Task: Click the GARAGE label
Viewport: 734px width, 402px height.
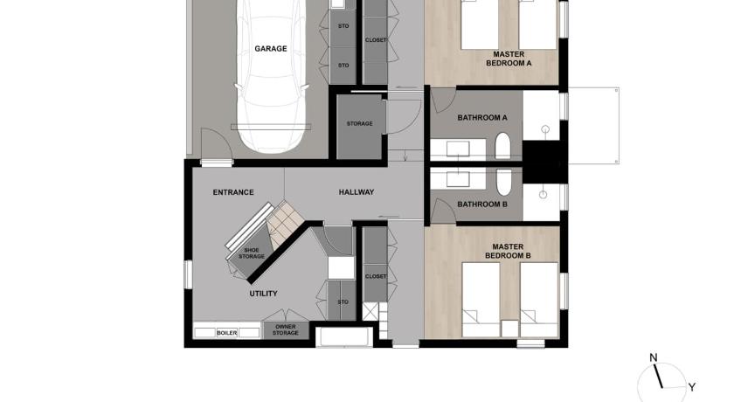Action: [x=271, y=49]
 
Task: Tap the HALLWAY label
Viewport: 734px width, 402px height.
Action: [x=357, y=192]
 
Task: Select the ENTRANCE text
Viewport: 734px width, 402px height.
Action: [x=233, y=192]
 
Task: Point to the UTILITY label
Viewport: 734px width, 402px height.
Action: [x=263, y=294]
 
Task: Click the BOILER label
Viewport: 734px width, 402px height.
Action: [x=226, y=333]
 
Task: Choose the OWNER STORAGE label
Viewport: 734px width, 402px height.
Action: [x=286, y=330]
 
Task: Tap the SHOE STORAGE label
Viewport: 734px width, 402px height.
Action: [x=252, y=253]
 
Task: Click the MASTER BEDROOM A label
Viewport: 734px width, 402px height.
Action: [x=509, y=59]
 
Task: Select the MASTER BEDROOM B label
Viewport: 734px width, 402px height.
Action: [x=508, y=252]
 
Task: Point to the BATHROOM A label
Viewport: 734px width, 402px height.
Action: [x=482, y=118]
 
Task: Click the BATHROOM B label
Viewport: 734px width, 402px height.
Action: [x=482, y=204]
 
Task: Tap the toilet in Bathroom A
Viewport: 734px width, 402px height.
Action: [x=502, y=146]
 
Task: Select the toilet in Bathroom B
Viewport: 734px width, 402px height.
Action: [x=503, y=182]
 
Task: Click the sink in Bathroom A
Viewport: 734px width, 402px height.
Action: [x=458, y=149]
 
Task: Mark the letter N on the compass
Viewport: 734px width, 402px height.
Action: [x=653, y=358]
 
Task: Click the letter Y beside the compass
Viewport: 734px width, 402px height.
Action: [x=691, y=387]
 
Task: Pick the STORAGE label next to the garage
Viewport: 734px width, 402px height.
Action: [x=359, y=124]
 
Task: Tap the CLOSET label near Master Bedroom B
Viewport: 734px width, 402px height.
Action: [x=376, y=276]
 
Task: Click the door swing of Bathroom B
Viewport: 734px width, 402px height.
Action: [x=443, y=210]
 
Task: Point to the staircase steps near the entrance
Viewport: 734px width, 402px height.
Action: [x=286, y=224]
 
